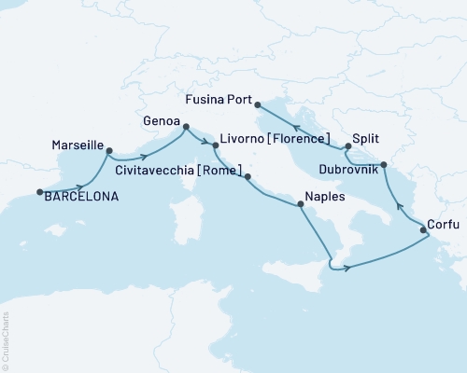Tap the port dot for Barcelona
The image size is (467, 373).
click(x=39, y=193)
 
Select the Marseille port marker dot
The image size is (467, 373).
click(x=110, y=149)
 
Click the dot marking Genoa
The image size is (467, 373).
click(x=186, y=127)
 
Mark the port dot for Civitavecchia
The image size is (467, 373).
click(x=248, y=174)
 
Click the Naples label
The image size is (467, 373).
click(x=320, y=198)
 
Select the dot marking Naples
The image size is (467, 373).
click(x=299, y=205)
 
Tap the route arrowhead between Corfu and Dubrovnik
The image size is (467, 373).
click(x=401, y=206)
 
